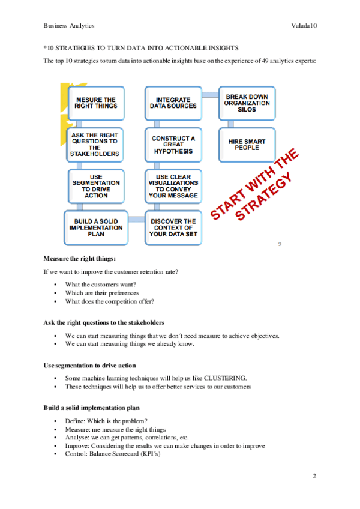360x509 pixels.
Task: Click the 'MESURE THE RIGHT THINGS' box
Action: pos(95,103)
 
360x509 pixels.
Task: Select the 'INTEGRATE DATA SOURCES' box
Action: pos(173,103)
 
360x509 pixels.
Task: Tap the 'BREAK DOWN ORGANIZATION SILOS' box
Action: pos(247,103)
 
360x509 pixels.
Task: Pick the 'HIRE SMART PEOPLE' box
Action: pos(247,145)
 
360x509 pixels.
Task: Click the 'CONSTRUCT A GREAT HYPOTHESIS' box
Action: pos(173,145)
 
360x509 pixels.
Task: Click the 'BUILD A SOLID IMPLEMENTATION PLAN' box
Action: pos(95,227)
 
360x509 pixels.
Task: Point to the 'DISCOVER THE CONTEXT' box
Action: pos(173,227)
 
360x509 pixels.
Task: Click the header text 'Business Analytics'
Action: pos(69,26)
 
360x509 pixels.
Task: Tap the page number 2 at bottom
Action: pos(314,476)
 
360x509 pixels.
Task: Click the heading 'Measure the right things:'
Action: pos(80,259)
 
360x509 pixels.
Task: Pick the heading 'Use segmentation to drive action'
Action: pos(89,365)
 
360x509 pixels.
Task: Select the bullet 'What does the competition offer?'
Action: pos(110,301)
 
